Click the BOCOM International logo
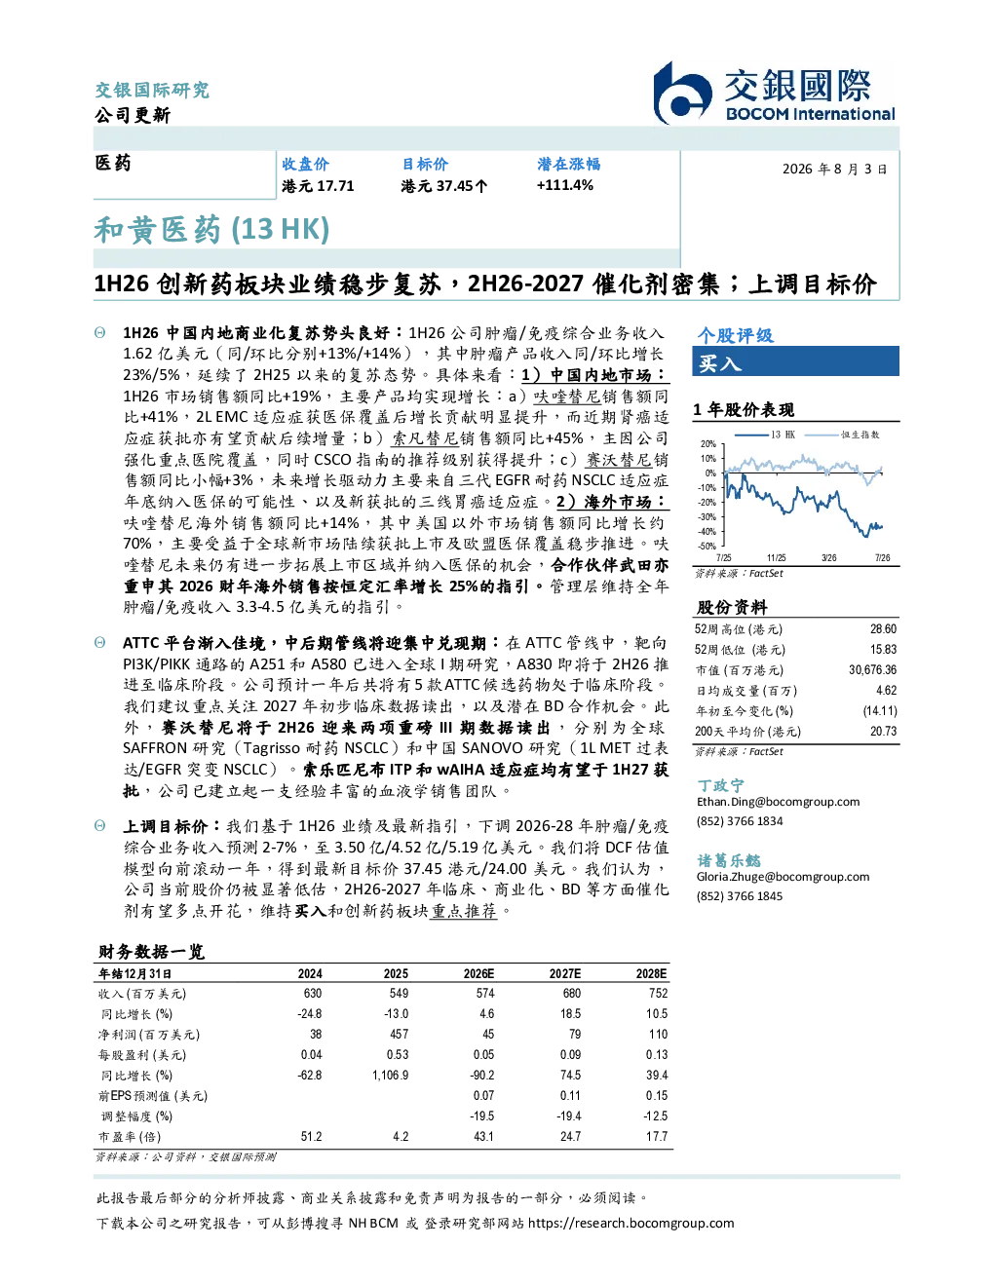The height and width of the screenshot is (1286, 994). point(774,93)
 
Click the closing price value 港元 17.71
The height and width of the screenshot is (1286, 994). point(318,186)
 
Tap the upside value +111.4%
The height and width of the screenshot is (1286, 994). point(564,185)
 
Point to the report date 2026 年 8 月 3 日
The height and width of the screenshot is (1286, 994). point(834,170)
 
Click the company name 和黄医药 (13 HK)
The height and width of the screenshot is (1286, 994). point(211,230)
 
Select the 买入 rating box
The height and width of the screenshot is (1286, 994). point(795,361)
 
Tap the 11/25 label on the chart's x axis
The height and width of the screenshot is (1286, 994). point(776,558)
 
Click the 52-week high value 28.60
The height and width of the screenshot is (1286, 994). point(883,629)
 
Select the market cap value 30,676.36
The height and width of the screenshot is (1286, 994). point(872,670)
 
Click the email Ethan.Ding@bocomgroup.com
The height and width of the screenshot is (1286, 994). point(778,802)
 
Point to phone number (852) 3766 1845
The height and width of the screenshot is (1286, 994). point(740,896)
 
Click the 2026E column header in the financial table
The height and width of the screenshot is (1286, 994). point(478,973)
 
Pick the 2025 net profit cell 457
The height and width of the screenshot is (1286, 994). point(399,1034)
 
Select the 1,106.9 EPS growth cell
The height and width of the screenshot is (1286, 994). point(390,1075)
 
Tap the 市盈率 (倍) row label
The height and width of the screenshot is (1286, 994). point(129,1137)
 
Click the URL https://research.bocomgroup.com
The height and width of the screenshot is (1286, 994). point(631,1224)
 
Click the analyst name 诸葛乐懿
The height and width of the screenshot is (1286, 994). point(728,860)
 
